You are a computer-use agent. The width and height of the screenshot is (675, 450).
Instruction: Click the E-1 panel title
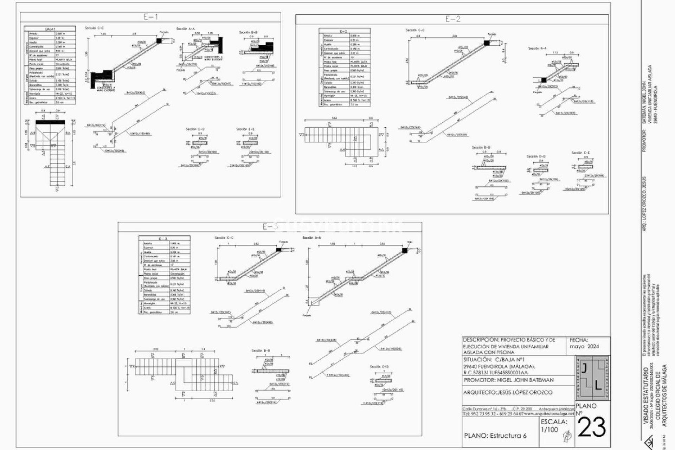pyautogui.click(x=150, y=17)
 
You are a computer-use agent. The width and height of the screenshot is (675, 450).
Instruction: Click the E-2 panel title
pyautogui.click(x=452, y=19)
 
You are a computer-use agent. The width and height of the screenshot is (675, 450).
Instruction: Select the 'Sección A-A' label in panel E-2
pyautogui.click(x=537, y=48)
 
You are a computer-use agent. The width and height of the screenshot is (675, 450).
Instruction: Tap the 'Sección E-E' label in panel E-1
pyautogui.click(x=245, y=129)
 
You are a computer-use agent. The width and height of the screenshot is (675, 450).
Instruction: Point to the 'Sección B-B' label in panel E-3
pyautogui.click(x=261, y=351)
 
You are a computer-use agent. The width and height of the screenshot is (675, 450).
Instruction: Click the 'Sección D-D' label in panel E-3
pyautogui.click(x=379, y=367)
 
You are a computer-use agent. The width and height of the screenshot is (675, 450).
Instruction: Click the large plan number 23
pyautogui.click(x=592, y=427)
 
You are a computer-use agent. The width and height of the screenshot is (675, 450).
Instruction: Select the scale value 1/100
pyautogui.click(x=549, y=430)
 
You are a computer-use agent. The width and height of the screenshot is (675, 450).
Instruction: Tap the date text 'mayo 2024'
pyautogui.click(x=584, y=346)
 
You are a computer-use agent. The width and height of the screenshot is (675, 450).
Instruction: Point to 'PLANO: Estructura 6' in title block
pyautogui.click(x=495, y=436)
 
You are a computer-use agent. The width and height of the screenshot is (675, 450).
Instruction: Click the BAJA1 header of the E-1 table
pyautogui.click(x=50, y=29)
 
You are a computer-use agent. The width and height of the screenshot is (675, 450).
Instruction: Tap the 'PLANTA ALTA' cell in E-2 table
pyautogui.click(x=359, y=62)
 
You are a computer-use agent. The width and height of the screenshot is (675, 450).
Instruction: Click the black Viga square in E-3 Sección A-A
pyautogui.click(x=405, y=250)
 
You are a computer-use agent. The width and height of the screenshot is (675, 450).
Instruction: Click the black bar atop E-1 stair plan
pyautogui.click(x=50, y=122)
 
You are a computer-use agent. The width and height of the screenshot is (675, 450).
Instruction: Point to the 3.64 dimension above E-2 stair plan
pyautogui.click(x=334, y=118)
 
